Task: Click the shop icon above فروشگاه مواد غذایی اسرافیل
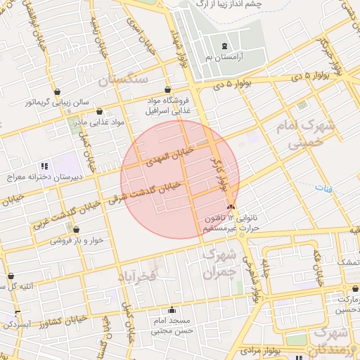click(x=167, y=90)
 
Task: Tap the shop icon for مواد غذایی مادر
click(x=100, y=112)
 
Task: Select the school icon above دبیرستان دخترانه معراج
click(x=44, y=167)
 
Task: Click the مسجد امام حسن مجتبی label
click(x=172, y=325)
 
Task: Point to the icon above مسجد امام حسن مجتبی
click(x=172, y=310)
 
